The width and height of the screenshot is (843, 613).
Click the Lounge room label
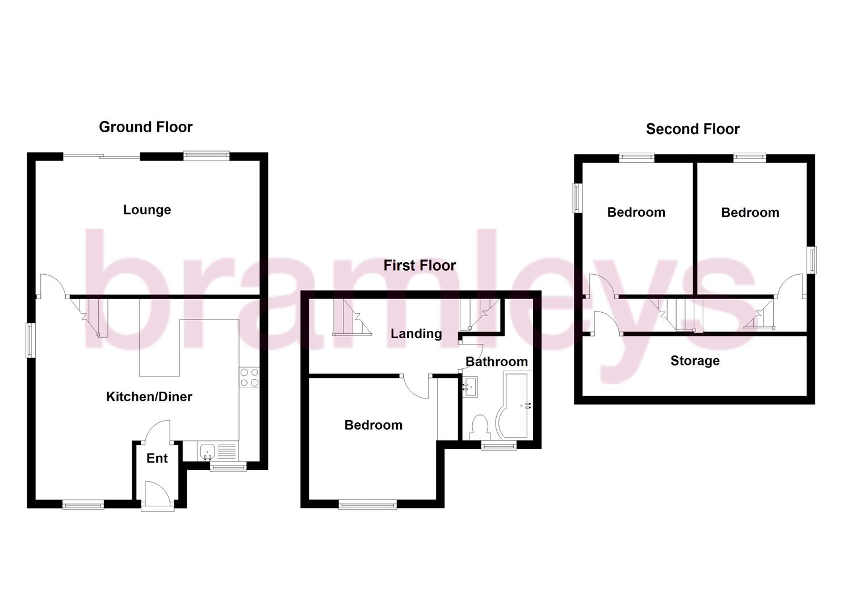click(147, 210)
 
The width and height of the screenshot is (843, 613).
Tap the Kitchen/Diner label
click(149, 397)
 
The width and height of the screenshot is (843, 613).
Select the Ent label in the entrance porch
click(157, 459)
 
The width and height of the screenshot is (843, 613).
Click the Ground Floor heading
click(146, 127)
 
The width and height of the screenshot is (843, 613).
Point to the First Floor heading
click(420, 266)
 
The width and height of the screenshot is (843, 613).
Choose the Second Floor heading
click(693, 129)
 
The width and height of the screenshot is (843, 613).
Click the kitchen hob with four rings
click(250, 378)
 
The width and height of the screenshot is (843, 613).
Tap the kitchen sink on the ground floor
click(207, 452)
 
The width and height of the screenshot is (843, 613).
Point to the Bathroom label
click(497, 362)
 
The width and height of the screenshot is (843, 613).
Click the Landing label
click(416, 334)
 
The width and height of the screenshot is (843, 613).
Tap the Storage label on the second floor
click(695, 361)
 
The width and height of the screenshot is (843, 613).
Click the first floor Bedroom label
click(374, 425)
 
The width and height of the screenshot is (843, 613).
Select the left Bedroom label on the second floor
click(636, 213)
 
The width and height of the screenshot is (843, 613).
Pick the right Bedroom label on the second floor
click(750, 213)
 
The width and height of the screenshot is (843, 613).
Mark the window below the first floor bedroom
click(368, 503)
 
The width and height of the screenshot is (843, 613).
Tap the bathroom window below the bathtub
click(499, 446)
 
